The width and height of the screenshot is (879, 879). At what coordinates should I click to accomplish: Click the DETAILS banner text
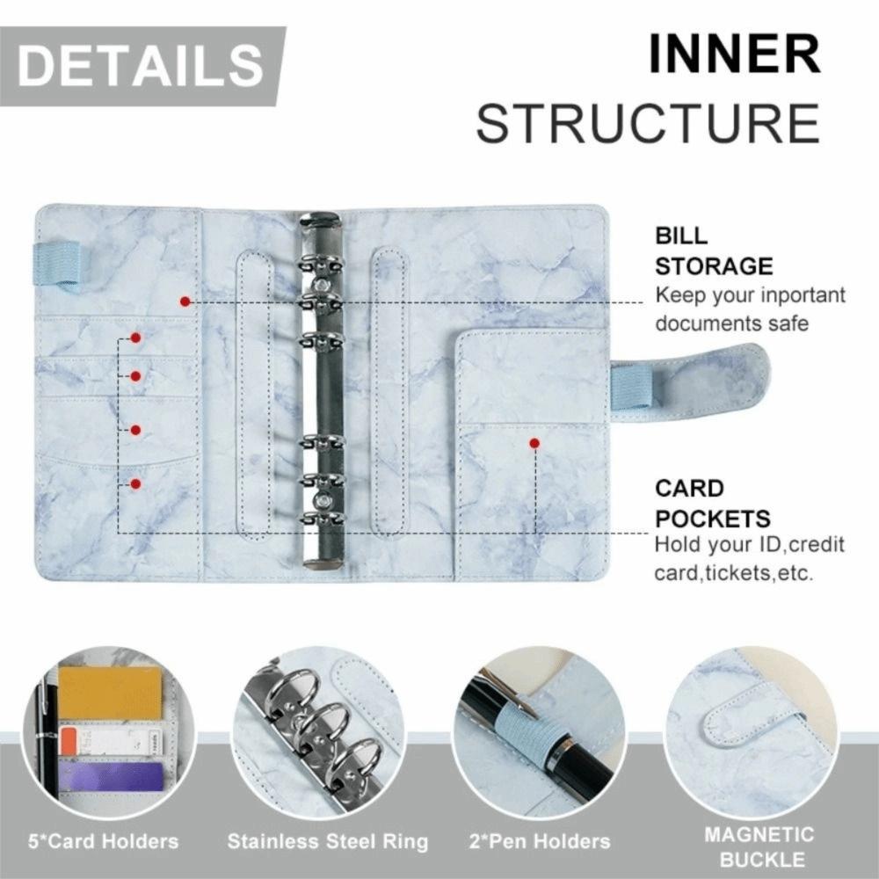tap(140, 66)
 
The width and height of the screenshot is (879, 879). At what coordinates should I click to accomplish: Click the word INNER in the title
tap(734, 54)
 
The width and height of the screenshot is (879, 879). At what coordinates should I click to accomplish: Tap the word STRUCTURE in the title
tap(648, 122)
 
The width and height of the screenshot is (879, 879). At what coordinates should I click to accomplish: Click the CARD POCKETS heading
tap(712, 503)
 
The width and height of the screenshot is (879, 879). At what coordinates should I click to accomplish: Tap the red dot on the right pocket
tap(534, 444)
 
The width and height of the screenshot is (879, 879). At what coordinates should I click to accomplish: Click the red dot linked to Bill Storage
tap(185, 301)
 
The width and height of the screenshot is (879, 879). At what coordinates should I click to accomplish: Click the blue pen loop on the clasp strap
tap(632, 387)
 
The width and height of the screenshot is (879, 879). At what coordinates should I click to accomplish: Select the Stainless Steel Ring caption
tap(327, 841)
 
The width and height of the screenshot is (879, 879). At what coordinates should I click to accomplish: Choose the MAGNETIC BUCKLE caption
tap(759, 846)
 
